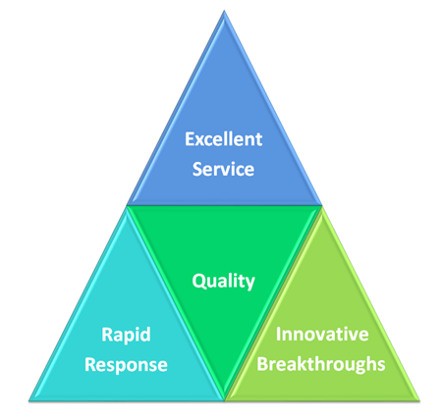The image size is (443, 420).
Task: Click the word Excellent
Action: tap(224, 139)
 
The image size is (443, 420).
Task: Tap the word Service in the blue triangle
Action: tap(223, 169)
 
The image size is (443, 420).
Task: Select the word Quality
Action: tap(224, 282)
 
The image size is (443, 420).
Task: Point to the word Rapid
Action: tap(126, 335)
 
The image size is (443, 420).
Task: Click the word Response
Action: tap(126, 365)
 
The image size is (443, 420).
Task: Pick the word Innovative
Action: tap(322, 335)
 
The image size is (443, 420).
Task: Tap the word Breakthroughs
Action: tap(321, 364)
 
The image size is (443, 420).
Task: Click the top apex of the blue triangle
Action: tap(224, 11)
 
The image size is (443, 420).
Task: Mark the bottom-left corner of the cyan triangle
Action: tap(28, 400)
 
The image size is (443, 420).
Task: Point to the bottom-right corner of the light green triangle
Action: tap(419, 400)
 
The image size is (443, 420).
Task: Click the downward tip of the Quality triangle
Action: tap(225, 400)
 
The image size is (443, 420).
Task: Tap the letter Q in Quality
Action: tap(198, 281)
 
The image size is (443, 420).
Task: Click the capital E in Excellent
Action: tap(190, 139)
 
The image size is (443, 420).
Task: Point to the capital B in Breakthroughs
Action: tap(262, 364)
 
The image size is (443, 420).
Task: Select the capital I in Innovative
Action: tap(278, 335)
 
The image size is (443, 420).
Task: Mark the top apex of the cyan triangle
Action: tap(127, 206)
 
